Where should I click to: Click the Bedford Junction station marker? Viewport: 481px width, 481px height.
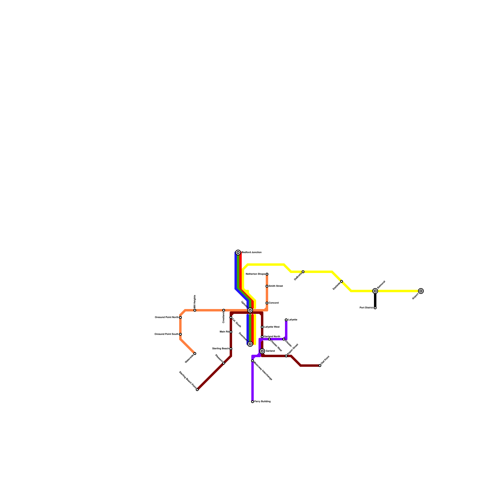(x=238, y=253)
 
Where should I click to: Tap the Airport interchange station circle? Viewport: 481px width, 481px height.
(x=421, y=291)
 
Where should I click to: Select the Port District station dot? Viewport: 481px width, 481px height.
(x=375, y=308)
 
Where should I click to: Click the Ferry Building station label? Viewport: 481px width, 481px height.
(x=262, y=402)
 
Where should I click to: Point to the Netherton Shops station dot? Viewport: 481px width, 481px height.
(x=267, y=274)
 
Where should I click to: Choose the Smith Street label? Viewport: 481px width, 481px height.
(x=276, y=286)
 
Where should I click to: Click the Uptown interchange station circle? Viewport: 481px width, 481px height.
(x=250, y=310)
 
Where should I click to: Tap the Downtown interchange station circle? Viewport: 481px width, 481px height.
(x=250, y=344)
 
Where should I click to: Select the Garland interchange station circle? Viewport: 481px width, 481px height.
(x=262, y=351)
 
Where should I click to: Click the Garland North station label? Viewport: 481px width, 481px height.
(x=272, y=337)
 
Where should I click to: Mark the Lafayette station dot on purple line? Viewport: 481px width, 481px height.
(x=286, y=320)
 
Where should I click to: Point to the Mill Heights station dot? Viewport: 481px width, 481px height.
(x=195, y=310)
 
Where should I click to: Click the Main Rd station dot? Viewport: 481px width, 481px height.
(x=231, y=332)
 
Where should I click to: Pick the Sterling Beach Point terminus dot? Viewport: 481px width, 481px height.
(x=197, y=390)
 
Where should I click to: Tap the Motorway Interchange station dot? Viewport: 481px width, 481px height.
(x=253, y=361)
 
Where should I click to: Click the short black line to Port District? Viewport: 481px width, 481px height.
(x=375, y=300)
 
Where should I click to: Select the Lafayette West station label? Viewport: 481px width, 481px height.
(x=272, y=327)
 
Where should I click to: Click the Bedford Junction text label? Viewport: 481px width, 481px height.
(x=252, y=253)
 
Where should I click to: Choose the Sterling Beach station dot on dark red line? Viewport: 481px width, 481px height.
(x=231, y=349)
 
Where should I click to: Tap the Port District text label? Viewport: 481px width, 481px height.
(x=366, y=308)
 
